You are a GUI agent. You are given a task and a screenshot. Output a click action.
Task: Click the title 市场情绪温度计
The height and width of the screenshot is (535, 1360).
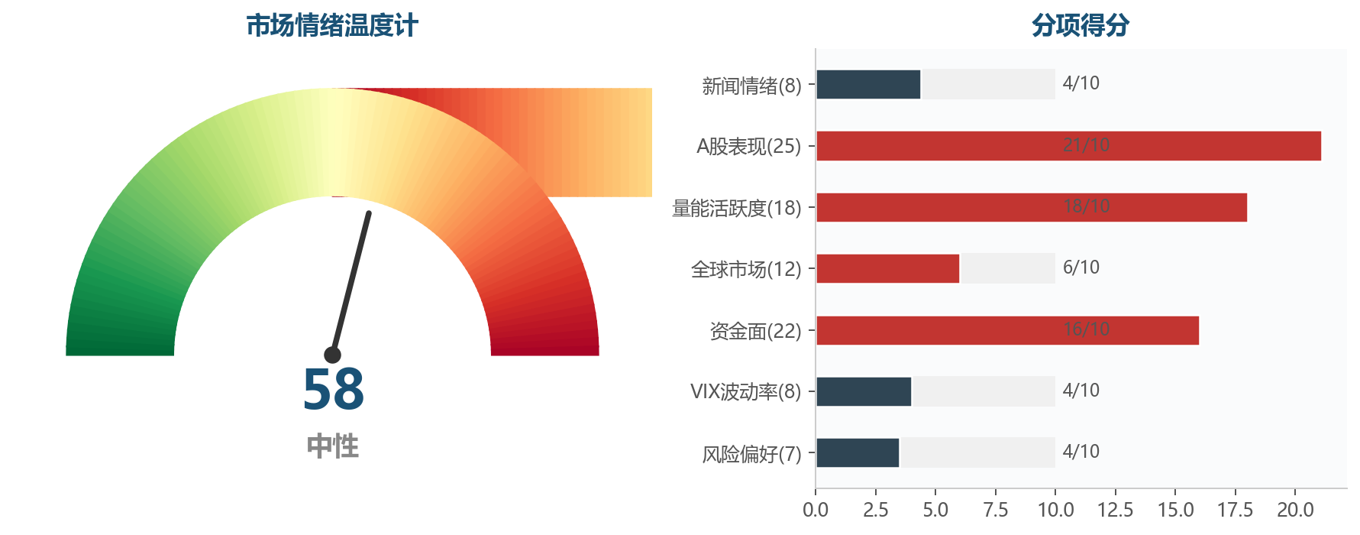[332, 26]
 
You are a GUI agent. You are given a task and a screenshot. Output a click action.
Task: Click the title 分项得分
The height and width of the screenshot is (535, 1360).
[1081, 26]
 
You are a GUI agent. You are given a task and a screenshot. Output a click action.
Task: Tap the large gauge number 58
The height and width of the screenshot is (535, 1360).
[333, 390]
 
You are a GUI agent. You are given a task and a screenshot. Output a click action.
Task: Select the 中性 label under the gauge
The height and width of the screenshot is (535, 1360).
[333, 446]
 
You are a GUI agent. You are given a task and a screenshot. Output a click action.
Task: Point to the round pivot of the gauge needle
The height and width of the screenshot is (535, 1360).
[332, 355]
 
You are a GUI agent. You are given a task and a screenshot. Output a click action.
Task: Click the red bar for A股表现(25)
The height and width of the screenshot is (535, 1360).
[1068, 146]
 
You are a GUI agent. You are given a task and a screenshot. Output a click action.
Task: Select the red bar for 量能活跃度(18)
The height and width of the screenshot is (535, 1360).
[1032, 207]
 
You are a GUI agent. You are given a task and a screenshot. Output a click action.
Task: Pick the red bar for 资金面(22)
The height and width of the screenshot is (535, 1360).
[1007, 330]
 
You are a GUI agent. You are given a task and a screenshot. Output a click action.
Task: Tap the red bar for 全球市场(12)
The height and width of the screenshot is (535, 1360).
[887, 268]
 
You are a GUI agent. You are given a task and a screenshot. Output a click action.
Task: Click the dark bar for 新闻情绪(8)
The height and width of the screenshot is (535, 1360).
[868, 84]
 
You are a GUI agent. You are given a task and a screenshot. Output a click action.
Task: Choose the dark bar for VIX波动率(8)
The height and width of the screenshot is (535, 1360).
[864, 391]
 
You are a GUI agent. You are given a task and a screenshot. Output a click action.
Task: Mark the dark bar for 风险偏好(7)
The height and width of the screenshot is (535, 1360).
[858, 452]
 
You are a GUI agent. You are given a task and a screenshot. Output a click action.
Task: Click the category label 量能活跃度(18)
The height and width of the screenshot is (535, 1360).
[737, 208]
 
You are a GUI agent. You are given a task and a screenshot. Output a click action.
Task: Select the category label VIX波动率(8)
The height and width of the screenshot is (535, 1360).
[746, 392]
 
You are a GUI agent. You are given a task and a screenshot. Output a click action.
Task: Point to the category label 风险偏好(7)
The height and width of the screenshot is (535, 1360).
[752, 454]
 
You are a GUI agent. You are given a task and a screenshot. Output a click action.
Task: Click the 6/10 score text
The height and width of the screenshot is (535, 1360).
[1081, 267]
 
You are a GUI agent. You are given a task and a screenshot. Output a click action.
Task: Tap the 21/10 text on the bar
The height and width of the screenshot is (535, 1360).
[1086, 145]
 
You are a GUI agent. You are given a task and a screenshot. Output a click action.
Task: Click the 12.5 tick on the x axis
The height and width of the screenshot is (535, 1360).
[1115, 510]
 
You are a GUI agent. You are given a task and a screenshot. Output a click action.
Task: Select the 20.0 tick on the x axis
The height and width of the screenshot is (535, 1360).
[1295, 510]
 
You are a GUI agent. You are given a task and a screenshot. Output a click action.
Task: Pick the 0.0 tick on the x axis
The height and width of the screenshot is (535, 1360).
[816, 510]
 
